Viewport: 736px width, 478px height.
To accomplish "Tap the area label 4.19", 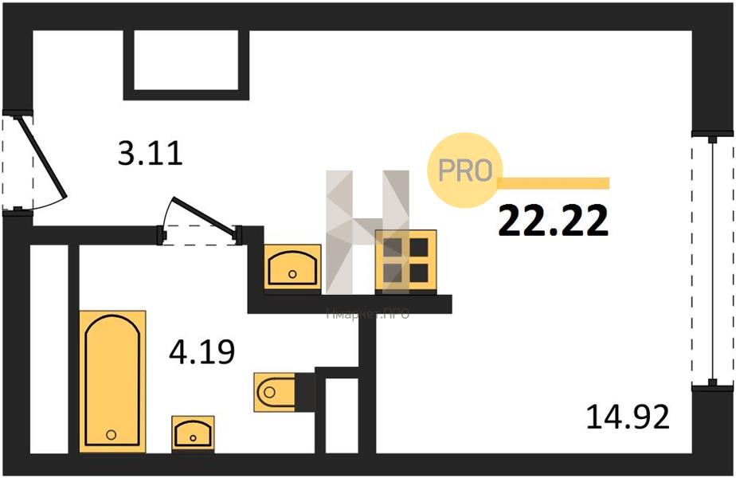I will [x=202, y=351].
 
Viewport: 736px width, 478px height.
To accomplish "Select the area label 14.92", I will [x=628, y=416].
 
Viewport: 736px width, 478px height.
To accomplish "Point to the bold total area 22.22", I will [x=554, y=221].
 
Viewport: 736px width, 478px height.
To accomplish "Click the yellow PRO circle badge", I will [x=465, y=170].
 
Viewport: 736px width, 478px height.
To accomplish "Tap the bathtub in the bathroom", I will [x=112, y=381].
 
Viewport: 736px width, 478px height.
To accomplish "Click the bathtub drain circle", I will [x=112, y=434].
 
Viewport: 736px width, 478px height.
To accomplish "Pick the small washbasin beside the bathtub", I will [x=193, y=433].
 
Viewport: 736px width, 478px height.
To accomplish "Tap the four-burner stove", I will [x=406, y=260].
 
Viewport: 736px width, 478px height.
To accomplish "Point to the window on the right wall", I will [x=713, y=260].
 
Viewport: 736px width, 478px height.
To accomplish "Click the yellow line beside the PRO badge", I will [x=554, y=183].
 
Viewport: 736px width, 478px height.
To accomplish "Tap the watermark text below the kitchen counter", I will [x=367, y=315].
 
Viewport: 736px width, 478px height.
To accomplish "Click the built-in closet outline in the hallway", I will [x=186, y=61].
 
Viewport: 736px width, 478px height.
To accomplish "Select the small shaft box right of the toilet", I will [x=341, y=414].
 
